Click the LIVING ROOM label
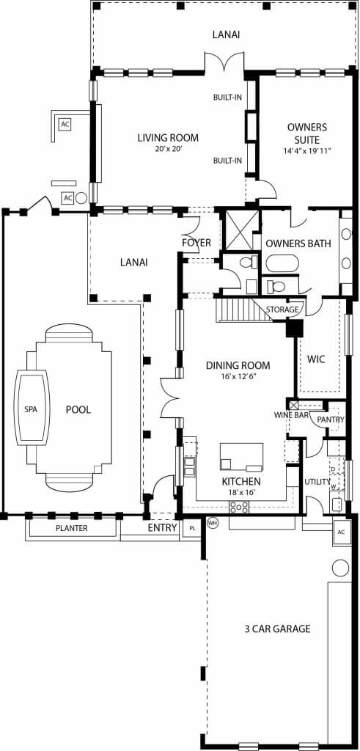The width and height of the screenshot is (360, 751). coord(169,137)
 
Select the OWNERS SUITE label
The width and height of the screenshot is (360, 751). coord(306,133)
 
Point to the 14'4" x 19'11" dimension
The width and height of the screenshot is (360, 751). coord(306,151)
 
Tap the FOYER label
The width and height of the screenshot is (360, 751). coord(196,243)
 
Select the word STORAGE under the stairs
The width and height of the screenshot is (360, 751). coord(282,309)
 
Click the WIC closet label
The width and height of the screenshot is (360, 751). coord(316,359)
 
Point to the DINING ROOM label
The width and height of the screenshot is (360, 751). coord(238,365)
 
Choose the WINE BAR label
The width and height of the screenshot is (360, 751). coord(290,415)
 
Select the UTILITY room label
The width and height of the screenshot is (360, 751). coord(317,482)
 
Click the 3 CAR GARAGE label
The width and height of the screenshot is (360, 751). coord(277,629)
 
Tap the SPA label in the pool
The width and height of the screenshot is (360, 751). coord(31,409)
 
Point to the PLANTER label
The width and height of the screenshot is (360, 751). coord(72,527)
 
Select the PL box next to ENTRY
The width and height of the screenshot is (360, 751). coord(192,527)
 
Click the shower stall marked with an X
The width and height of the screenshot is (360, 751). coord(238,230)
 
